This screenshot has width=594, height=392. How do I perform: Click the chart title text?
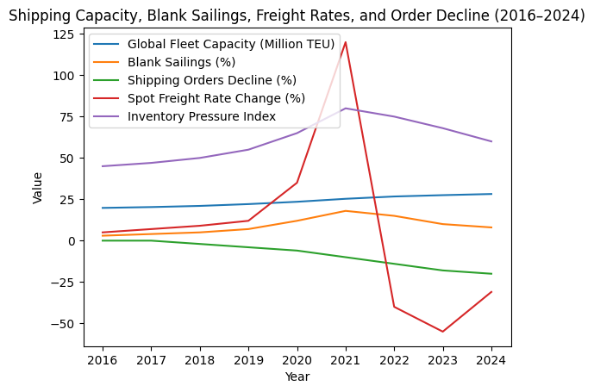[297, 16]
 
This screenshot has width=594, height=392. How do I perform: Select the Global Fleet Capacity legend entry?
[230, 44]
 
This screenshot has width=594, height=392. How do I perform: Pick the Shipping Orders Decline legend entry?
[210, 80]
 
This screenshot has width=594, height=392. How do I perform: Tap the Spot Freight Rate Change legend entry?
[216, 98]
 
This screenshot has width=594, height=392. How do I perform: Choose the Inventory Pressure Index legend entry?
[201, 116]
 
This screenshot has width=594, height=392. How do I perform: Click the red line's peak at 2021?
[346, 42]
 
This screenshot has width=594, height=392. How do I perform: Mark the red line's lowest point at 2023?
[443, 332]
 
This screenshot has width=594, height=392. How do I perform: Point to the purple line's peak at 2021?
[346, 109]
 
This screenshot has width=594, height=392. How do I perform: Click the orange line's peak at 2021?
[346, 211]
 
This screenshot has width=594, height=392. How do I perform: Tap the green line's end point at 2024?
[491, 274]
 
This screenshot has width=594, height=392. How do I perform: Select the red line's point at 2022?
[394, 307]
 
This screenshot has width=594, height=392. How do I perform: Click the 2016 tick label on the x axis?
[103, 360]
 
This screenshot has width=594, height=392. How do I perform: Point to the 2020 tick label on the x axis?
[297, 360]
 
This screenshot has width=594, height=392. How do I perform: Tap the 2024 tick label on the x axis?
[491, 360]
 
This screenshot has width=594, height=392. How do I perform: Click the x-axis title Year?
[297, 376]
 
